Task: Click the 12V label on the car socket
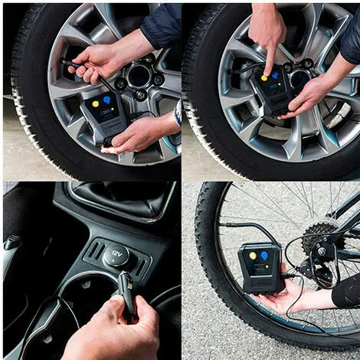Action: [x=116, y=254]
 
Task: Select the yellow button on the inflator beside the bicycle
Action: [x=253, y=256]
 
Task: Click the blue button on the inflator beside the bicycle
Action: [x=264, y=255]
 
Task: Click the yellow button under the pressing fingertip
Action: [x=264, y=78]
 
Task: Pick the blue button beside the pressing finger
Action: [x=275, y=75]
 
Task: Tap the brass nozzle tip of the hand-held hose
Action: [x=64, y=61]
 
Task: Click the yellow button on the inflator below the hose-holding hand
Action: [x=96, y=104]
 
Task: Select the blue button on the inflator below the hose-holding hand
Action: [x=106, y=100]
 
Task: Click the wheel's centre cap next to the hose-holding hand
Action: [x=139, y=76]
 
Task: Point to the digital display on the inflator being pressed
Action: [x=274, y=88]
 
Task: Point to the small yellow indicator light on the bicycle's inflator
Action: [x=267, y=267]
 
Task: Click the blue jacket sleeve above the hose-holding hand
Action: [x=162, y=25]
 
